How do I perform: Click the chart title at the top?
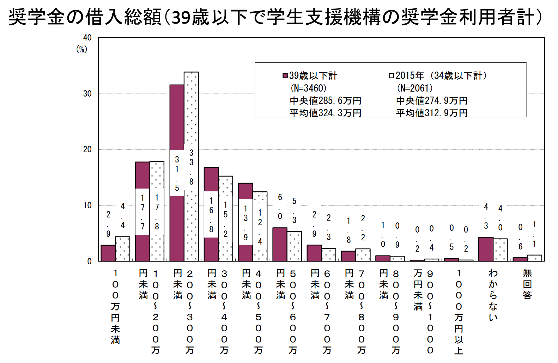tap(275, 17)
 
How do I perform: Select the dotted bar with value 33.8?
tap(191, 106)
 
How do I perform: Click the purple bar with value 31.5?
tap(177, 116)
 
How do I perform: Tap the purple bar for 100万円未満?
tap(108, 253)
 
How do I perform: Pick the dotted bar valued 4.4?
tap(122, 249)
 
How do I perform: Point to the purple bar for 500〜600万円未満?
tap(280, 244)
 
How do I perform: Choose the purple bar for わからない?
tap(486, 249)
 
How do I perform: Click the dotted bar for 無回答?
tap(534, 258)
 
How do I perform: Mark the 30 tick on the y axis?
tap(87, 94)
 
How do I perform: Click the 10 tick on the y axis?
tap(87, 205)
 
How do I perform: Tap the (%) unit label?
tap(82, 49)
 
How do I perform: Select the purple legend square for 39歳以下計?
tap(285, 76)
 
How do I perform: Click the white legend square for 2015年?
tap(391, 76)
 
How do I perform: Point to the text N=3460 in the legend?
tap(309, 88)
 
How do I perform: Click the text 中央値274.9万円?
tap(432, 101)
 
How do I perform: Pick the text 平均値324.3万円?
tap(325, 113)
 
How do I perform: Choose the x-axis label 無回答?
tap(527, 284)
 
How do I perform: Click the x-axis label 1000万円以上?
tap(459, 312)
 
